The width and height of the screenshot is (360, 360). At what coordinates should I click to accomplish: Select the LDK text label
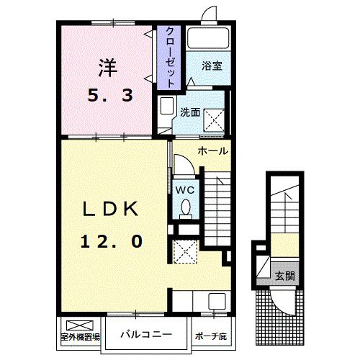pyautogui.click(x=110, y=208)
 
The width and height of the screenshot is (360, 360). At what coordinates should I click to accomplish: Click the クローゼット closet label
pyautogui.click(x=170, y=57)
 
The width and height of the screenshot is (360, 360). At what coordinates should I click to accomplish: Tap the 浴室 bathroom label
pyautogui.click(x=211, y=66)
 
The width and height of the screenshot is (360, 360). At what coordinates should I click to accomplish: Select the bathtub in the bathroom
pyautogui.click(x=207, y=38)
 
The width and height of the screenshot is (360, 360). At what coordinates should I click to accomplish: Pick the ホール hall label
pyautogui.click(x=213, y=151)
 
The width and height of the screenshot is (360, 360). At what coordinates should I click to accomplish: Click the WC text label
pyautogui.click(x=184, y=190)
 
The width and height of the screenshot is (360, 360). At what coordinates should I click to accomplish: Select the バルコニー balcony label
pyautogui.click(x=145, y=334)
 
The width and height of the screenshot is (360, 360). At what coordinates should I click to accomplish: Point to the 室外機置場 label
pyautogui.click(x=79, y=336)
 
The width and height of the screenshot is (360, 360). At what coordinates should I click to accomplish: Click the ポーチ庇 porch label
pyautogui.click(x=210, y=336)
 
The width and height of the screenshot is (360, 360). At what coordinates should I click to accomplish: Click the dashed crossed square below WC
pyautogui.click(x=184, y=252)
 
